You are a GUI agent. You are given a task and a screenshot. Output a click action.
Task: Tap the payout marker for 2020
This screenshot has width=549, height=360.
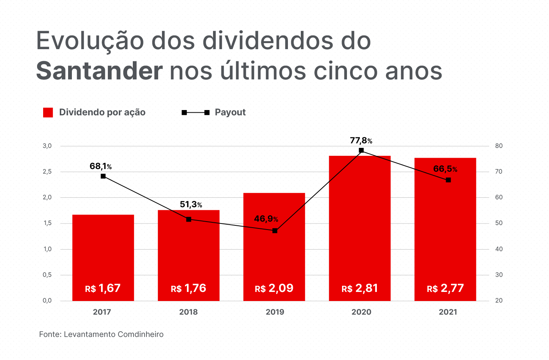point(361,151)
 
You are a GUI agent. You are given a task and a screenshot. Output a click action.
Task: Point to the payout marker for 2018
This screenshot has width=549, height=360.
point(189,219)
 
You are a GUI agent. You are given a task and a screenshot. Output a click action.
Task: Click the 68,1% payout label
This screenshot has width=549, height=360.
point(100,166)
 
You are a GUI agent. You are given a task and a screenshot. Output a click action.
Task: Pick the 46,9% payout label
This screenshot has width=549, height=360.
point(266,219)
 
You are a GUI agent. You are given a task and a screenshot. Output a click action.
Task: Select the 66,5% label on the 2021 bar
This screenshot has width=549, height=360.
point(445,169)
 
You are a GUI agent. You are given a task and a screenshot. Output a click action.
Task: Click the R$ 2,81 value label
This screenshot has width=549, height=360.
point(359,289)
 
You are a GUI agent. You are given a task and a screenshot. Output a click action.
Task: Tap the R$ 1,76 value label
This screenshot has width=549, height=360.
point(188,289)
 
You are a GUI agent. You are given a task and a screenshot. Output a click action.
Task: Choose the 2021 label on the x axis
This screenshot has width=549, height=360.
point(448,312)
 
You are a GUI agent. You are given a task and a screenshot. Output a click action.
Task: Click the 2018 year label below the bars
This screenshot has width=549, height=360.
point(188,312)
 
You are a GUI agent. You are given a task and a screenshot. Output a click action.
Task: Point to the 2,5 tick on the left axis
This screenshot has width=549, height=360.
point(47,172)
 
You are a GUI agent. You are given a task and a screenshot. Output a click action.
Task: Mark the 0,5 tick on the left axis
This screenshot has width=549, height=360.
point(47,275)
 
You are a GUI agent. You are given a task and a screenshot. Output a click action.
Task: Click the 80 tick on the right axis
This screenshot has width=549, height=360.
point(499,146)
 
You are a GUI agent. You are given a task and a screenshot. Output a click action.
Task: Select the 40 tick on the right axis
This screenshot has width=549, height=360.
point(499,249)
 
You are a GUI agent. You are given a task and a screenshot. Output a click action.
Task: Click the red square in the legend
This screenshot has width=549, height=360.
point(48,112)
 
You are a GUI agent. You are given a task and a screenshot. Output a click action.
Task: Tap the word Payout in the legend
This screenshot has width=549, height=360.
point(230,112)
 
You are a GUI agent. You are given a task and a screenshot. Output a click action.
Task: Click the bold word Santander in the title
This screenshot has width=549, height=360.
point(100,71)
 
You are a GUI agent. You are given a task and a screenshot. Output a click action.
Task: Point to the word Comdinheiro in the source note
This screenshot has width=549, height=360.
point(140,334)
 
